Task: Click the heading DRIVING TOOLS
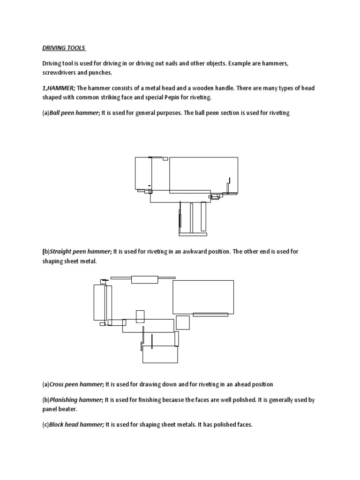pyautogui.click(x=62, y=48)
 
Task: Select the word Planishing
pyautogui.click(x=65, y=400)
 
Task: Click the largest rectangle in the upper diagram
pyautogui.click(x=203, y=174)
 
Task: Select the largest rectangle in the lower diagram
pyautogui.click(x=203, y=297)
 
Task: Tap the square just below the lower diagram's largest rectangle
pyautogui.click(x=182, y=322)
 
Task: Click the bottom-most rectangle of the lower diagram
pyautogui.click(x=160, y=355)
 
